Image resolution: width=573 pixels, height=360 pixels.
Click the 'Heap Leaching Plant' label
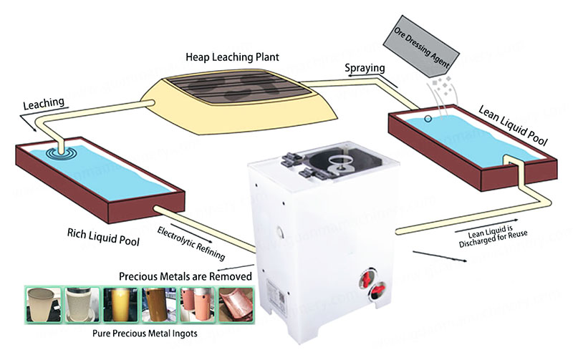[x=232, y=56]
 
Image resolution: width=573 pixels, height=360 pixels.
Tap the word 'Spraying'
[x=366, y=68]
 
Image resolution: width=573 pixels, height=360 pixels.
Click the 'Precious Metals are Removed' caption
[x=185, y=276]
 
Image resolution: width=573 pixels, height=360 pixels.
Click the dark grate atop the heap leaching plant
[x=240, y=89]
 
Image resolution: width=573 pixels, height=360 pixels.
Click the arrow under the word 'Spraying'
[x=359, y=79]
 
